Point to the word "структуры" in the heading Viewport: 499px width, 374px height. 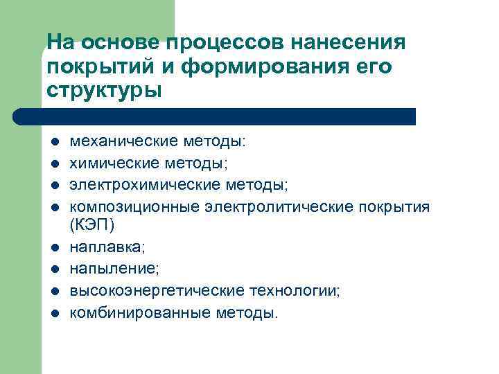click(x=104, y=91)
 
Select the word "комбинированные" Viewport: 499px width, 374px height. click(x=130, y=312)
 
